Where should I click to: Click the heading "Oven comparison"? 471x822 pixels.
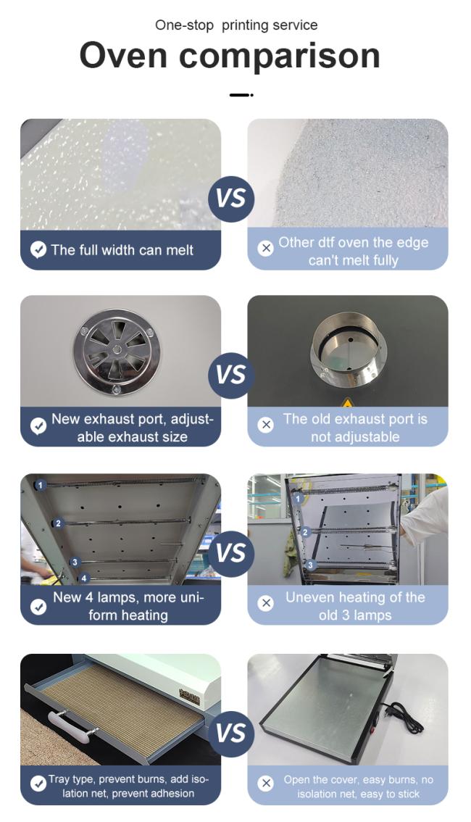(x=230, y=55)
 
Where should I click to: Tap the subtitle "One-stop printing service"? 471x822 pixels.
(x=236, y=25)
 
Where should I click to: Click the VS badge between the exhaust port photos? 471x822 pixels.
(x=230, y=375)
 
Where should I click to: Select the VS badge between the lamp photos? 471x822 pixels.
(x=230, y=554)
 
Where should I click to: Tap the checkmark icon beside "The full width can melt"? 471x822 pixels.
(x=38, y=249)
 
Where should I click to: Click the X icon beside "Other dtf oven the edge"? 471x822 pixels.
(x=266, y=247)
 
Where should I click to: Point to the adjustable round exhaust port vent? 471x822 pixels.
(x=117, y=348)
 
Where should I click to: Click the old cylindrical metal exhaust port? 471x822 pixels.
(x=348, y=349)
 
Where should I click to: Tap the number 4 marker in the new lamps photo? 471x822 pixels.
(x=84, y=578)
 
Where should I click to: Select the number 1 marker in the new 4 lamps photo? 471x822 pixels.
(x=40, y=486)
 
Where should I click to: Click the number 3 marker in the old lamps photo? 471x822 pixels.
(x=311, y=565)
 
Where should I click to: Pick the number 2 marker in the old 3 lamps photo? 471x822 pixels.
(x=305, y=532)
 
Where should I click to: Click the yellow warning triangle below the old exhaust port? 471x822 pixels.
(x=347, y=403)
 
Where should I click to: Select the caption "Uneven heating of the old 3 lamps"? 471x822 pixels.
(x=355, y=606)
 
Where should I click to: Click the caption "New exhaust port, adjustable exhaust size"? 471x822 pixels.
(x=133, y=428)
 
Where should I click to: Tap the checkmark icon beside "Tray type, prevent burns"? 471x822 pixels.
(x=38, y=783)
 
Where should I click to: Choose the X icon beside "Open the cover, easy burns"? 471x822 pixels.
(x=266, y=783)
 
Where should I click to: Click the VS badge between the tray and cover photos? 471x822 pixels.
(x=230, y=734)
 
